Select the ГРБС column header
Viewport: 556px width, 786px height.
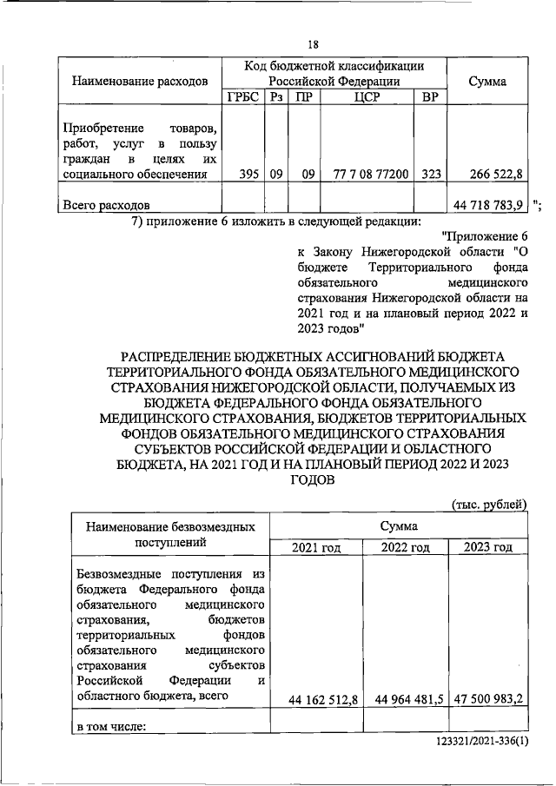tap(242, 97)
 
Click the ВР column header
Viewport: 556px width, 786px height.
tap(429, 97)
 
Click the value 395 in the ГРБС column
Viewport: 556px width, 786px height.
tap(248, 174)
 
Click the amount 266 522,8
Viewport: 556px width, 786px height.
tap(495, 174)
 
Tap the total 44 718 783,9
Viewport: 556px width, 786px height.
tap(488, 205)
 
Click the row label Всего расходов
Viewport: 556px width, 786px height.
tap(106, 206)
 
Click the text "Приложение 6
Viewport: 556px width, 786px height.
tap(485, 237)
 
